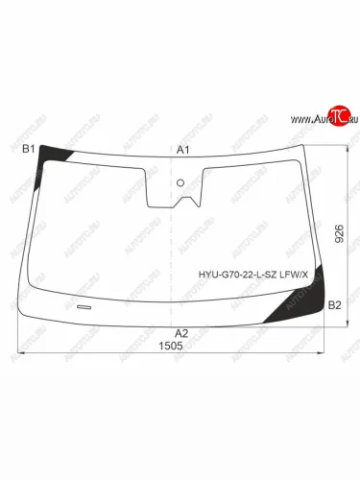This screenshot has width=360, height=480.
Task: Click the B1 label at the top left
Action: [x=28, y=149]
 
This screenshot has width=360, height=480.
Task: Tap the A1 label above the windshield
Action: [x=183, y=150]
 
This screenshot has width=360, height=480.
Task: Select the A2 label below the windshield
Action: [x=181, y=332]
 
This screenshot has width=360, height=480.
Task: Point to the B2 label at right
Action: [x=335, y=305]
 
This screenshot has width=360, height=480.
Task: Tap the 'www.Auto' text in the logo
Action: [x=304, y=119]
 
